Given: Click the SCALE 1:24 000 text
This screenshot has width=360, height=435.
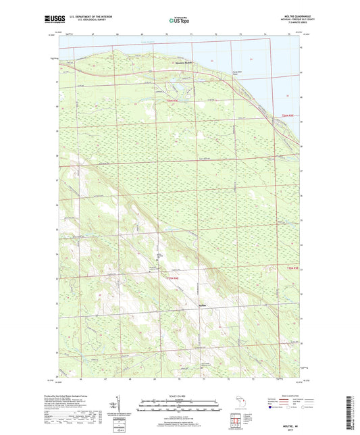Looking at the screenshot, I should click(180, 396).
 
